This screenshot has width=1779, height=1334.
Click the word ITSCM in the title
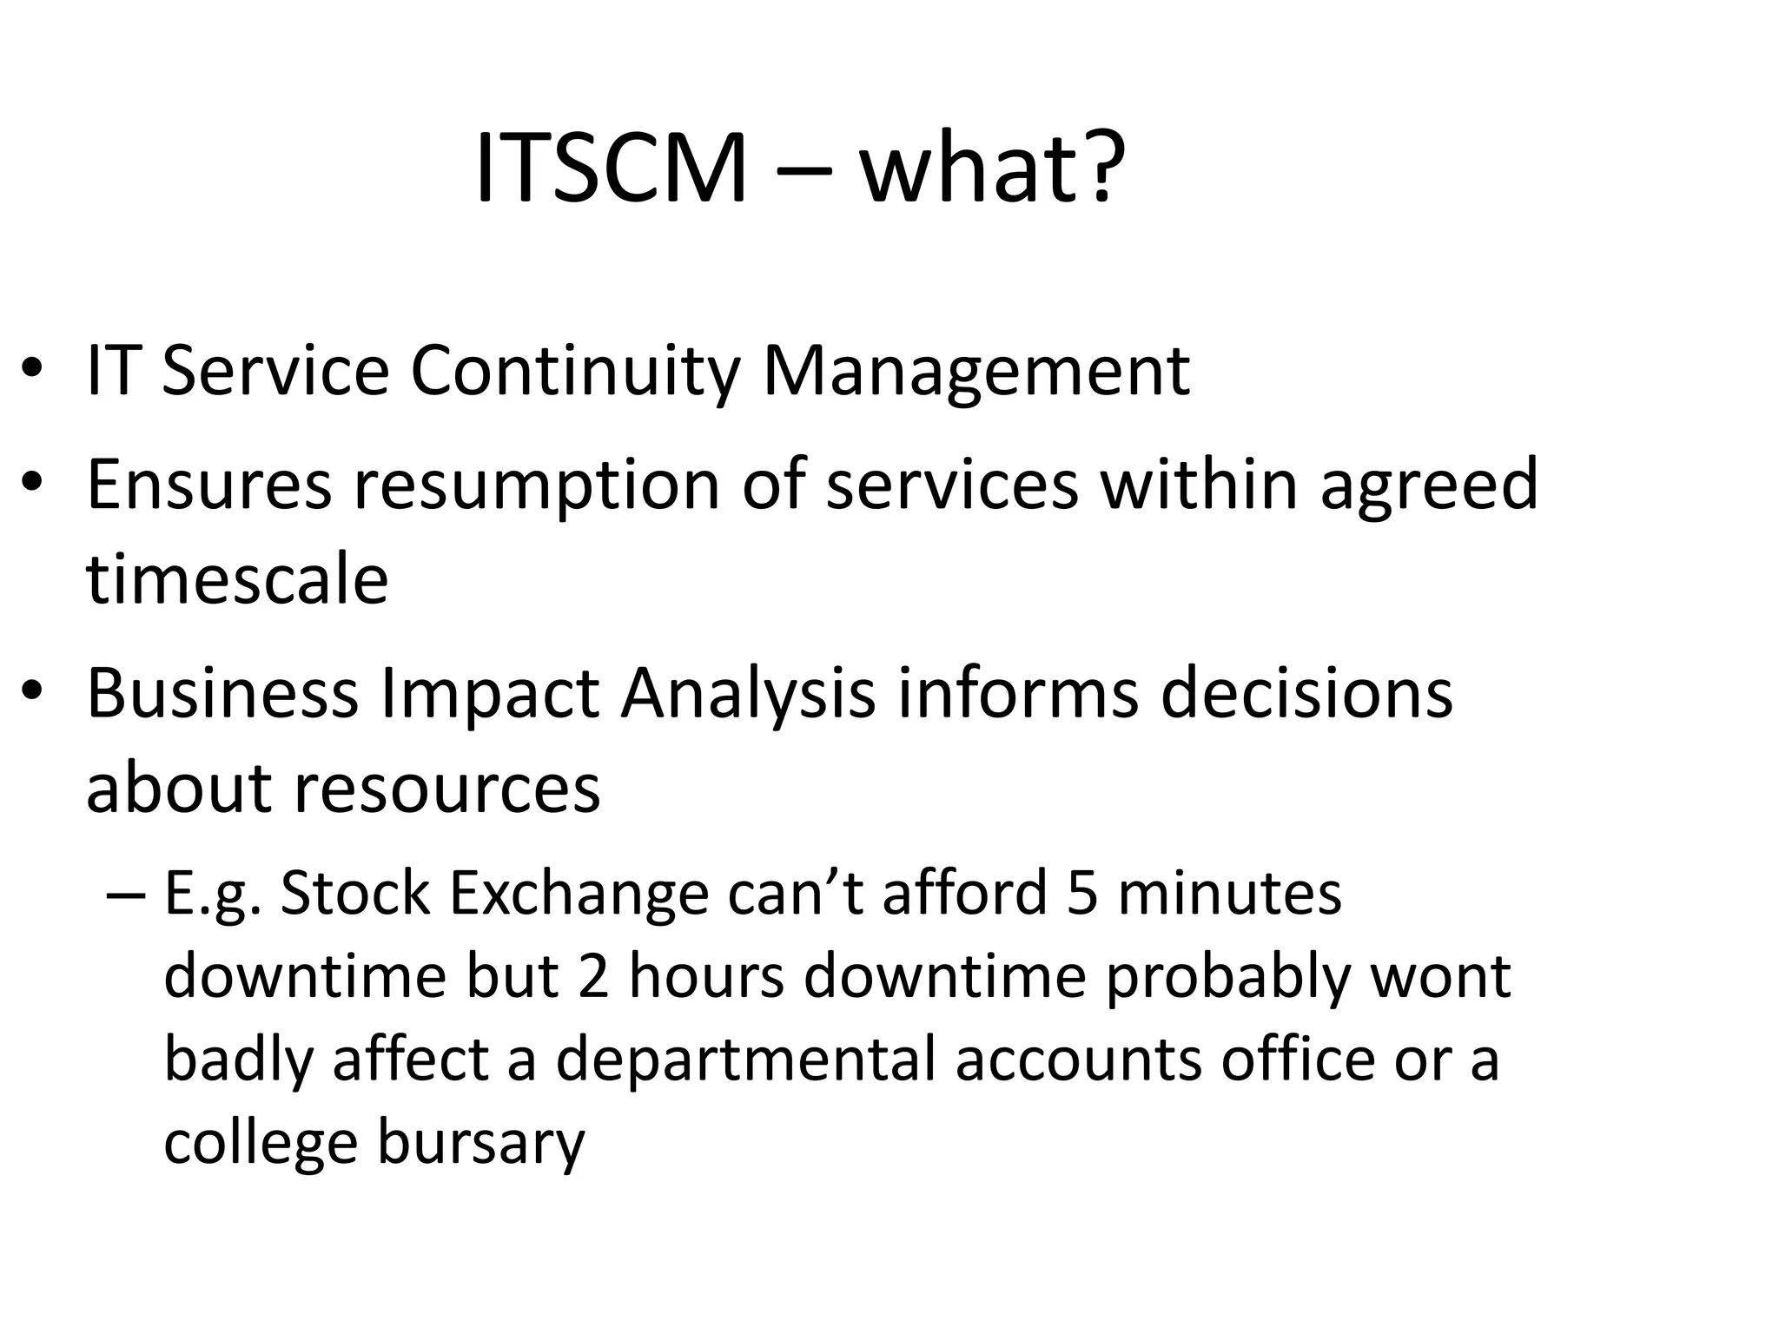click(611, 167)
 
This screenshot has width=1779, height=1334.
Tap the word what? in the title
click(992, 167)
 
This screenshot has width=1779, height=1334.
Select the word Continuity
click(574, 371)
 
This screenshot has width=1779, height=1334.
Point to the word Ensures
click(209, 484)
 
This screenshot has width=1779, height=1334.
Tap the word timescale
click(237, 579)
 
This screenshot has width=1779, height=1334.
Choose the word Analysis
click(747, 695)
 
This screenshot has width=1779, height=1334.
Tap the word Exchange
click(579, 895)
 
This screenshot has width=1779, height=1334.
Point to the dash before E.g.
click(124, 895)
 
